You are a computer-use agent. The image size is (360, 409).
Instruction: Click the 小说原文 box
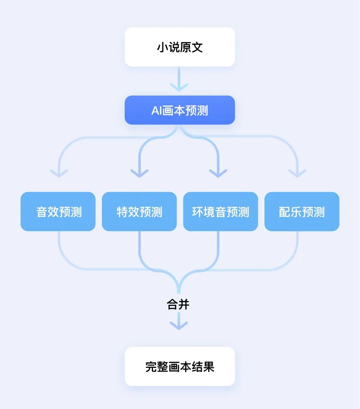[x=180, y=47]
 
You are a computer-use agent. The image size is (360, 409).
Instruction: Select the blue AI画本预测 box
[x=180, y=110]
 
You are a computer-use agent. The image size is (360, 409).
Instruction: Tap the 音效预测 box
[x=58, y=212]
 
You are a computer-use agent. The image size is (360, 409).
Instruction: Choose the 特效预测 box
[x=139, y=212]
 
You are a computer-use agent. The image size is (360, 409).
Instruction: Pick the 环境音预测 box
[x=220, y=212]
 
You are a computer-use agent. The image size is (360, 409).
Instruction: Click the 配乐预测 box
[x=302, y=212]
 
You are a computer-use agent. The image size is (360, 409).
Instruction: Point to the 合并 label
[x=178, y=304]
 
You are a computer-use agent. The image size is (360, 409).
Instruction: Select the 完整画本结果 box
[x=180, y=367]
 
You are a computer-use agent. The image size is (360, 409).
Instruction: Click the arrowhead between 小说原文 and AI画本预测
[x=179, y=87]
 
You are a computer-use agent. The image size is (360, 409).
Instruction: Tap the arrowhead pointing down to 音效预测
[x=59, y=173]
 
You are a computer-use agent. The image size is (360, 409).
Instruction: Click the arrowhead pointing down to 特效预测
[x=139, y=173]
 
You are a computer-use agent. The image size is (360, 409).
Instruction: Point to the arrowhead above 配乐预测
[x=297, y=173]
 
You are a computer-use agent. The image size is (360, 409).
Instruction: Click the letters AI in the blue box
[x=156, y=111]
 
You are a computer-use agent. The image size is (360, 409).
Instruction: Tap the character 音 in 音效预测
[x=42, y=212]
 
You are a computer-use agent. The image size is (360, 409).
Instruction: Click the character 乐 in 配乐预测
[x=296, y=212]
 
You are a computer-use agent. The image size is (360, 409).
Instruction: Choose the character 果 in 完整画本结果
[x=209, y=367]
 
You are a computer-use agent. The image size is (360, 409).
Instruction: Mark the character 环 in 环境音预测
[x=197, y=212]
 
